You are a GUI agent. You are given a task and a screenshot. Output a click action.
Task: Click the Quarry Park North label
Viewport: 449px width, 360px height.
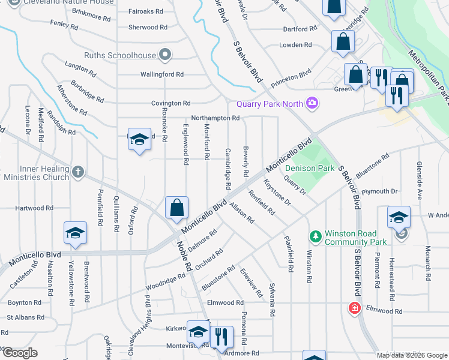pos(270,104)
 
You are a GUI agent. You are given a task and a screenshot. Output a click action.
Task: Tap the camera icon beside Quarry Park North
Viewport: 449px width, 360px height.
pos(312,104)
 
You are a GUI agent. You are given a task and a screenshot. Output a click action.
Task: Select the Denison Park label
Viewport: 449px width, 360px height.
pos(309,169)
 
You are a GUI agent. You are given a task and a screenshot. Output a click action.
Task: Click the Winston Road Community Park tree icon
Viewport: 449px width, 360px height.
pos(314,235)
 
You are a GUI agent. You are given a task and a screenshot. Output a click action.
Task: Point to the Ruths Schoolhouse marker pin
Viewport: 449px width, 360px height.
pos(166,56)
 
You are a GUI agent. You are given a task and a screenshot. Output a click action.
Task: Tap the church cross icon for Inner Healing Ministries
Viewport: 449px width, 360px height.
pos(77,173)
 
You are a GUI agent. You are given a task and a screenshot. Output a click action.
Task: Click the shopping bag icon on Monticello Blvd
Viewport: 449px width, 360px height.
pos(177,208)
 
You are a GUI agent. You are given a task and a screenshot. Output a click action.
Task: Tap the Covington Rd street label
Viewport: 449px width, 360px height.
pos(170,103)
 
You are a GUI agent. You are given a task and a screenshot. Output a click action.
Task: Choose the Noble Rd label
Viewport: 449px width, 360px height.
pos(184,254)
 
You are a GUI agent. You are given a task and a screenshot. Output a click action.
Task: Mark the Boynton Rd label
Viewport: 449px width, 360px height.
pos(25,302)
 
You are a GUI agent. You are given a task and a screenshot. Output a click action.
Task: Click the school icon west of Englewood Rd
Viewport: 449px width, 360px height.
pos(139,140)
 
